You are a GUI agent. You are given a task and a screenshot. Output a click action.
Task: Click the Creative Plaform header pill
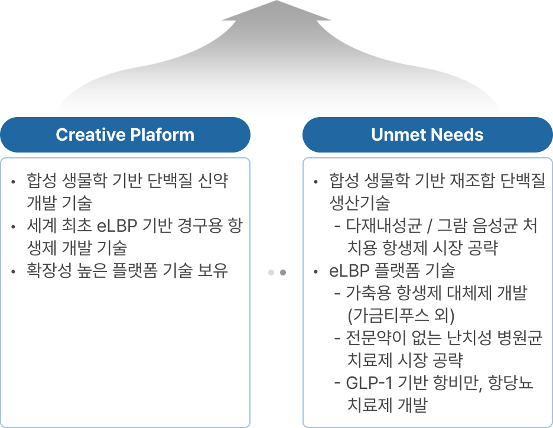tap(125, 135)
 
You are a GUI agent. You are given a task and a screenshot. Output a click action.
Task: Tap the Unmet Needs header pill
tap(427, 135)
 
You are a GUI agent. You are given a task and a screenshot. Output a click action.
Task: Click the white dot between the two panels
tap(271, 273)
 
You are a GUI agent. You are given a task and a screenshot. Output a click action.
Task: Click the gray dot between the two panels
tap(283, 273)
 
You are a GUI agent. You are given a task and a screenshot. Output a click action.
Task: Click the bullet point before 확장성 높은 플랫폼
tap(13, 272)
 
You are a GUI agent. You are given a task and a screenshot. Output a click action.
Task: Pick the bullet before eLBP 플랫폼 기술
tap(316, 272)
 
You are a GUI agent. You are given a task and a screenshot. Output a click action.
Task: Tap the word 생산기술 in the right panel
tap(359, 203)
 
